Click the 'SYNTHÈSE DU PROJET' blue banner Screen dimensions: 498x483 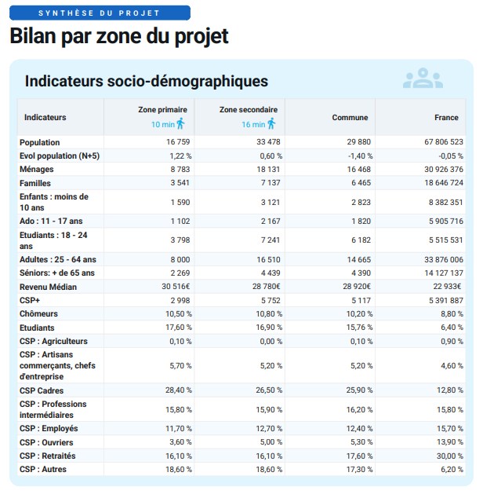100,13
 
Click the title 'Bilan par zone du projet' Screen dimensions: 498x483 119,37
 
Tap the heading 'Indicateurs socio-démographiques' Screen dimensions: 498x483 147,81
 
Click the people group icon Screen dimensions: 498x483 423,79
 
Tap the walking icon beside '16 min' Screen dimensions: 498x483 271,123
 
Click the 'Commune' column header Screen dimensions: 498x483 350,117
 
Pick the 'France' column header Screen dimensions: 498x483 446,117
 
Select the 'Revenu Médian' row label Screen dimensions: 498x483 49,287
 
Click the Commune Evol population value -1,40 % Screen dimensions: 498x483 358,156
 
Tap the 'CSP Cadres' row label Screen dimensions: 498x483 42,390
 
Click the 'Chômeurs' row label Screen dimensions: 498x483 38,313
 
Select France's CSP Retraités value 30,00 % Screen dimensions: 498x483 448,456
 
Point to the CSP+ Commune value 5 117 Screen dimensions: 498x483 359,300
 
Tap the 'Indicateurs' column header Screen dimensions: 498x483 45,117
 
